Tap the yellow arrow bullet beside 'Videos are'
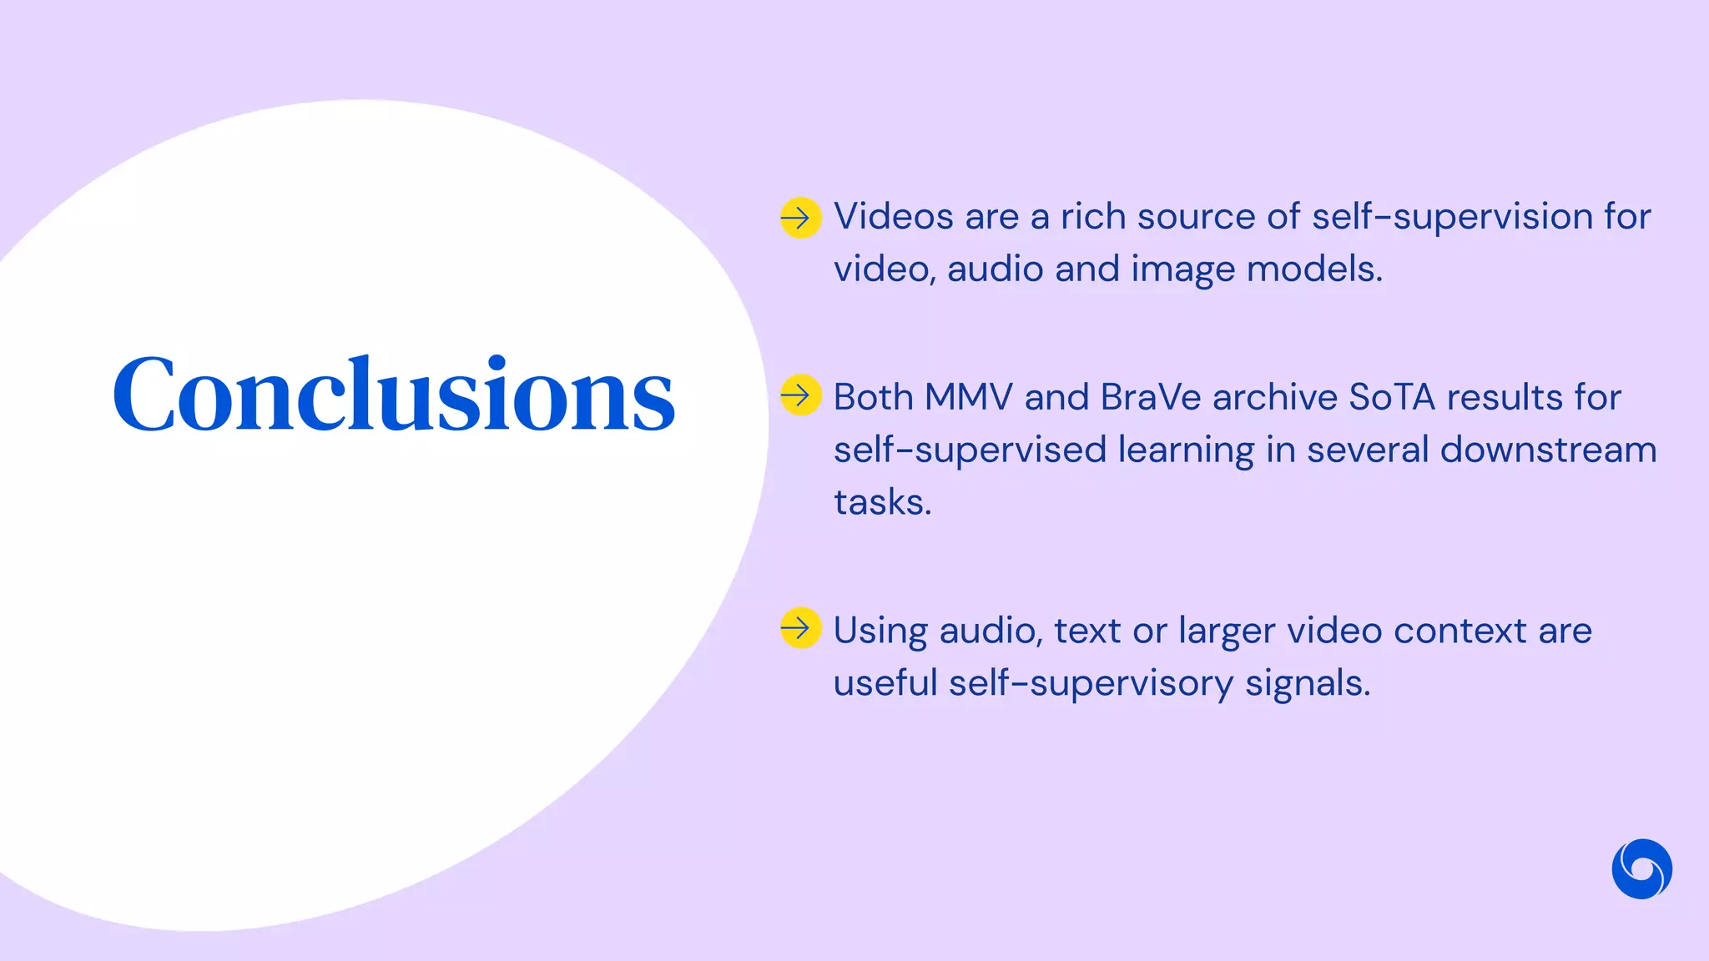coord(800,218)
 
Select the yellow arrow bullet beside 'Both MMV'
coord(800,395)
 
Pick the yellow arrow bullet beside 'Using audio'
coord(800,627)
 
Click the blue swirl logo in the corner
coord(1641,868)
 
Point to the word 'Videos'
coord(893,217)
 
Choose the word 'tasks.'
coord(882,502)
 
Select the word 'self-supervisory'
coord(1091,683)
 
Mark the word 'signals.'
coord(1308,683)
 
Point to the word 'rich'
coord(1092,217)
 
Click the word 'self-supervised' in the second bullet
coord(970,450)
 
